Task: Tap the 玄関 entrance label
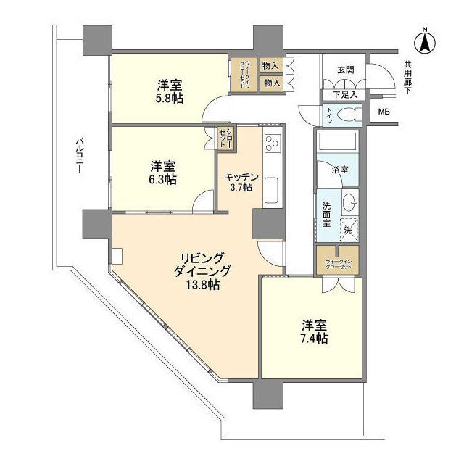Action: click(x=345, y=70)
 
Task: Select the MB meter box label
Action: click(x=383, y=112)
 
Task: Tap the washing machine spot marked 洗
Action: click(x=348, y=228)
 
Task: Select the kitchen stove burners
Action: click(x=272, y=143)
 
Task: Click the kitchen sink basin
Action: click(x=272, y=190)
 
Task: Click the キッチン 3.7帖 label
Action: click(x=239, y=181)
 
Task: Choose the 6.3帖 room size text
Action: click(x=164, y=179)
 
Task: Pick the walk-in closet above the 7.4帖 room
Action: click(x=337, y=261)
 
